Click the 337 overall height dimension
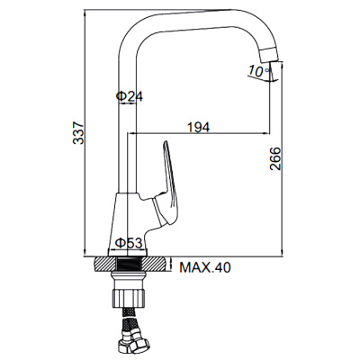tap(78, 133)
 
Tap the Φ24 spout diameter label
tap(130, 96)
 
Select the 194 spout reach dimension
tap(198, 127)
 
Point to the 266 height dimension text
tap(275, 158)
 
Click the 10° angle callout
tap(256, 71)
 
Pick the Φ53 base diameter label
tap(129, 243)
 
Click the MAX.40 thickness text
tap(205, 267)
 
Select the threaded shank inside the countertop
tap(129, 265)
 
